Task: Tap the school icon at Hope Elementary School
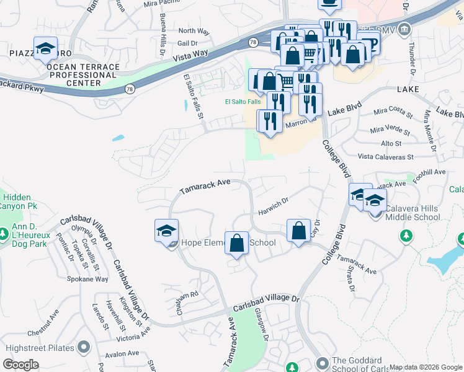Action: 166,232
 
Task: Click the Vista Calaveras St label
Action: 377,157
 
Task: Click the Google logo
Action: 21,365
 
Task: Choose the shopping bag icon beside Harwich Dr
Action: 299,231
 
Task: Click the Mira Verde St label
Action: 391,130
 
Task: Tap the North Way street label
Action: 193,31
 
